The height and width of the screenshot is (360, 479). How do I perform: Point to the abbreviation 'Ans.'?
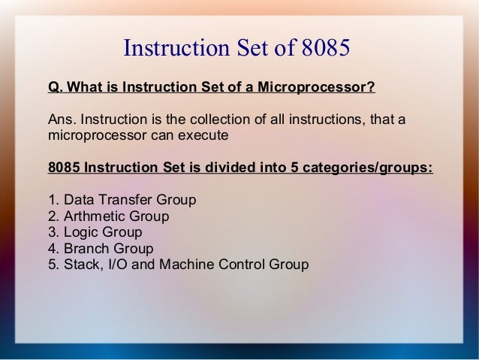click(62, 121)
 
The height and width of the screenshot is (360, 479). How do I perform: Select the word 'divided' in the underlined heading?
click(227, 167)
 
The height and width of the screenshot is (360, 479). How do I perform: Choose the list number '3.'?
click(53, 233)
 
